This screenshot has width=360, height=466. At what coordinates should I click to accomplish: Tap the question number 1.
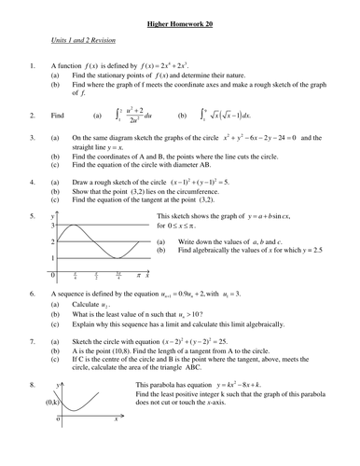[33, 66]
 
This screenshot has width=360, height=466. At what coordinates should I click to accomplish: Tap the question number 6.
[33, 293]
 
